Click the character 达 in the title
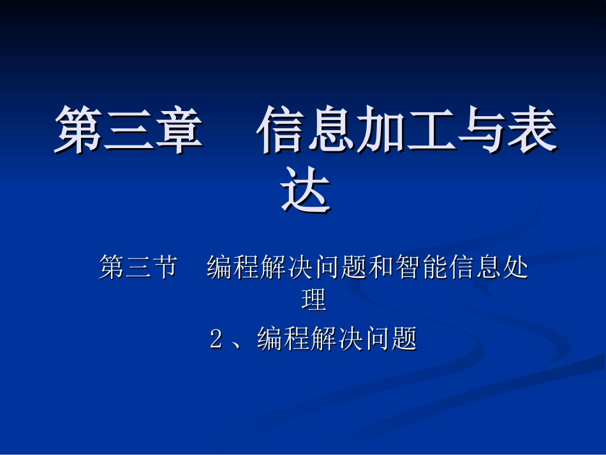307,190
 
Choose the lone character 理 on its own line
314,301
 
